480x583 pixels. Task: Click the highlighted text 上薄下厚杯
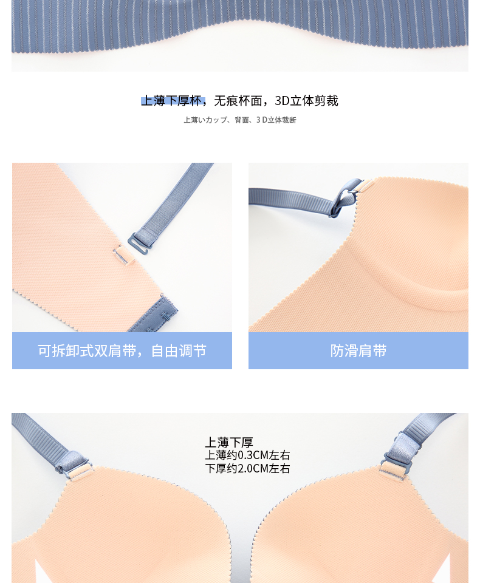172,101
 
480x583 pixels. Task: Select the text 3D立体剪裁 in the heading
306,101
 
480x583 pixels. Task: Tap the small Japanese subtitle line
239,120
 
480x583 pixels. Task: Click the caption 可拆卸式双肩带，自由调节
122,350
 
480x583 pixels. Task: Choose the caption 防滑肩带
358,350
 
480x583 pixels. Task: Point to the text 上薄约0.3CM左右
247,455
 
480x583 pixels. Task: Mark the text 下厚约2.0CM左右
247,468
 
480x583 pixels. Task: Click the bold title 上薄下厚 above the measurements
229,442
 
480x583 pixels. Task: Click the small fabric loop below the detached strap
124,256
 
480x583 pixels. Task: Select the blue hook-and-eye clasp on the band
156,314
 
